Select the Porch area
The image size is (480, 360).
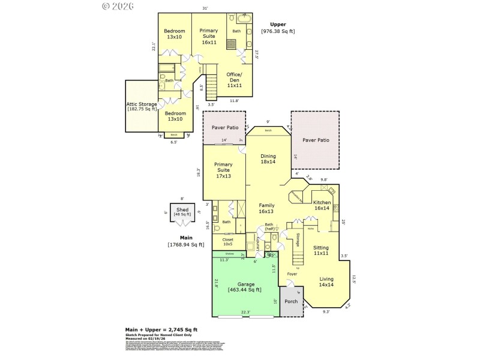[x=291, y=301]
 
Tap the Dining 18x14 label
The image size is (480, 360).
[x=268, y=158]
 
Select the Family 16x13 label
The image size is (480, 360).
[x=266, y=208]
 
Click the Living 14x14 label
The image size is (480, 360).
[x=326, y=281]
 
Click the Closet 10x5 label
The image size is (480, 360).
[x=228, y=242]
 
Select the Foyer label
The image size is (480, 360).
[x=292, y=274]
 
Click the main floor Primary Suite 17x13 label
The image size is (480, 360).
[x=223, y=170]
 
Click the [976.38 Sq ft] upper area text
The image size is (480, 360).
[x=278, y=31]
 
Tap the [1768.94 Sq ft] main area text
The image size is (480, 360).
[x=185, y=244]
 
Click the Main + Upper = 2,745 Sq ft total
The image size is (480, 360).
[x=161, y=329]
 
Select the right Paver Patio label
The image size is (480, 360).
[x=316, y=140]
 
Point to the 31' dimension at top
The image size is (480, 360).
[x=205, y=8]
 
